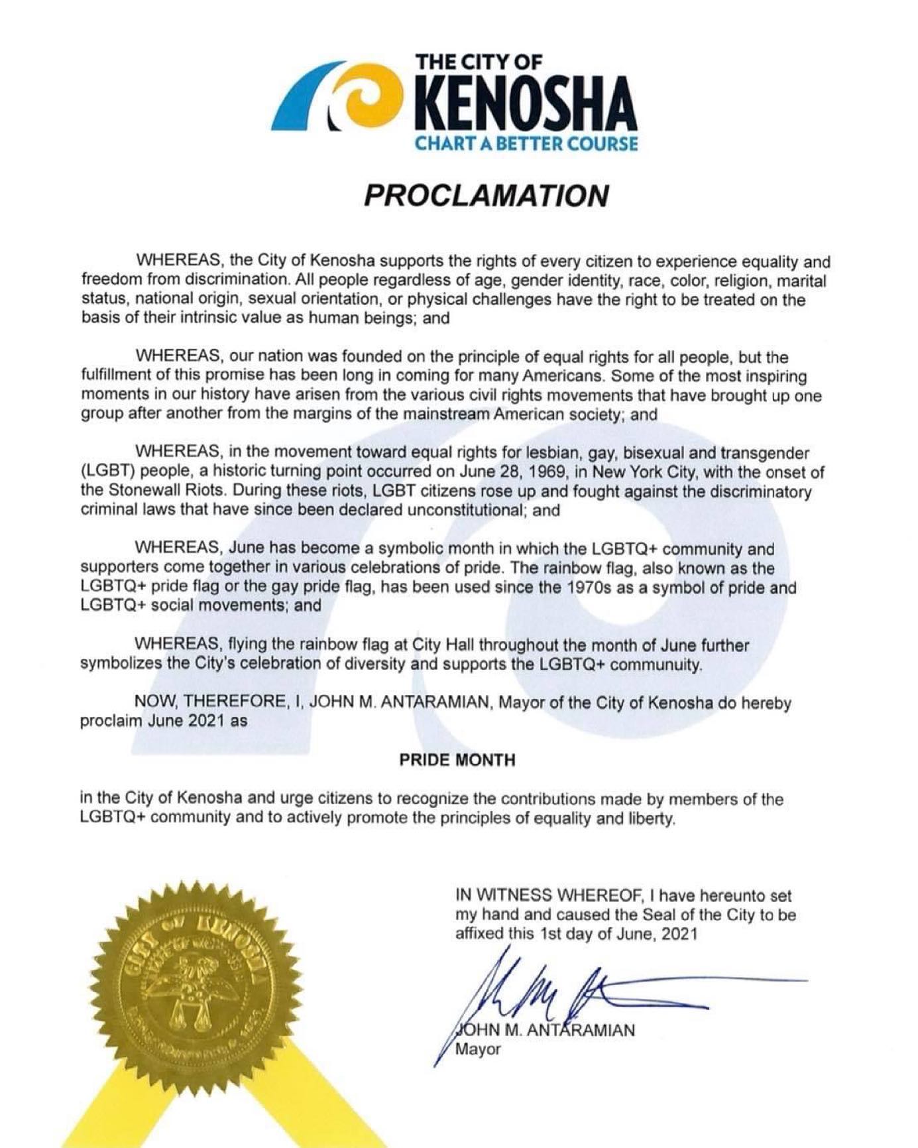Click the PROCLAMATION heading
(487, 196)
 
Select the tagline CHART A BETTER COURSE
(526, 144)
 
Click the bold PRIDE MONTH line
(457, 760)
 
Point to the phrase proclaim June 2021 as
(164, 722)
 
